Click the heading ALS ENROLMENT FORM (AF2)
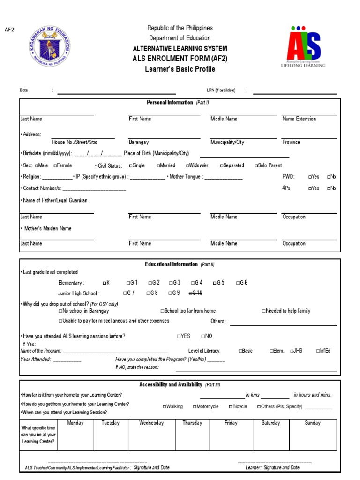[x=180, y=58]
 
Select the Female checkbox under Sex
[x=56, y=165]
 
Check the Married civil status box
[x=158, y=165]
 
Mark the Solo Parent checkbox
[x=257, y=165]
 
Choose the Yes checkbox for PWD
[x=310, y=177]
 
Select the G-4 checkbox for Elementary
[x=193, y=283]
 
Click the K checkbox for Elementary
[x=104, y=283]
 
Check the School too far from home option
[x=163, y=311]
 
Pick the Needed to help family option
[x=264, y=311]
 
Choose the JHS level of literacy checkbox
[x=292, y=351]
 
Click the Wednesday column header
[x=151, y=423]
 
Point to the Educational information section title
[x=172, y=264]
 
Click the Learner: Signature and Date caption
[x=272, y=467]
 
